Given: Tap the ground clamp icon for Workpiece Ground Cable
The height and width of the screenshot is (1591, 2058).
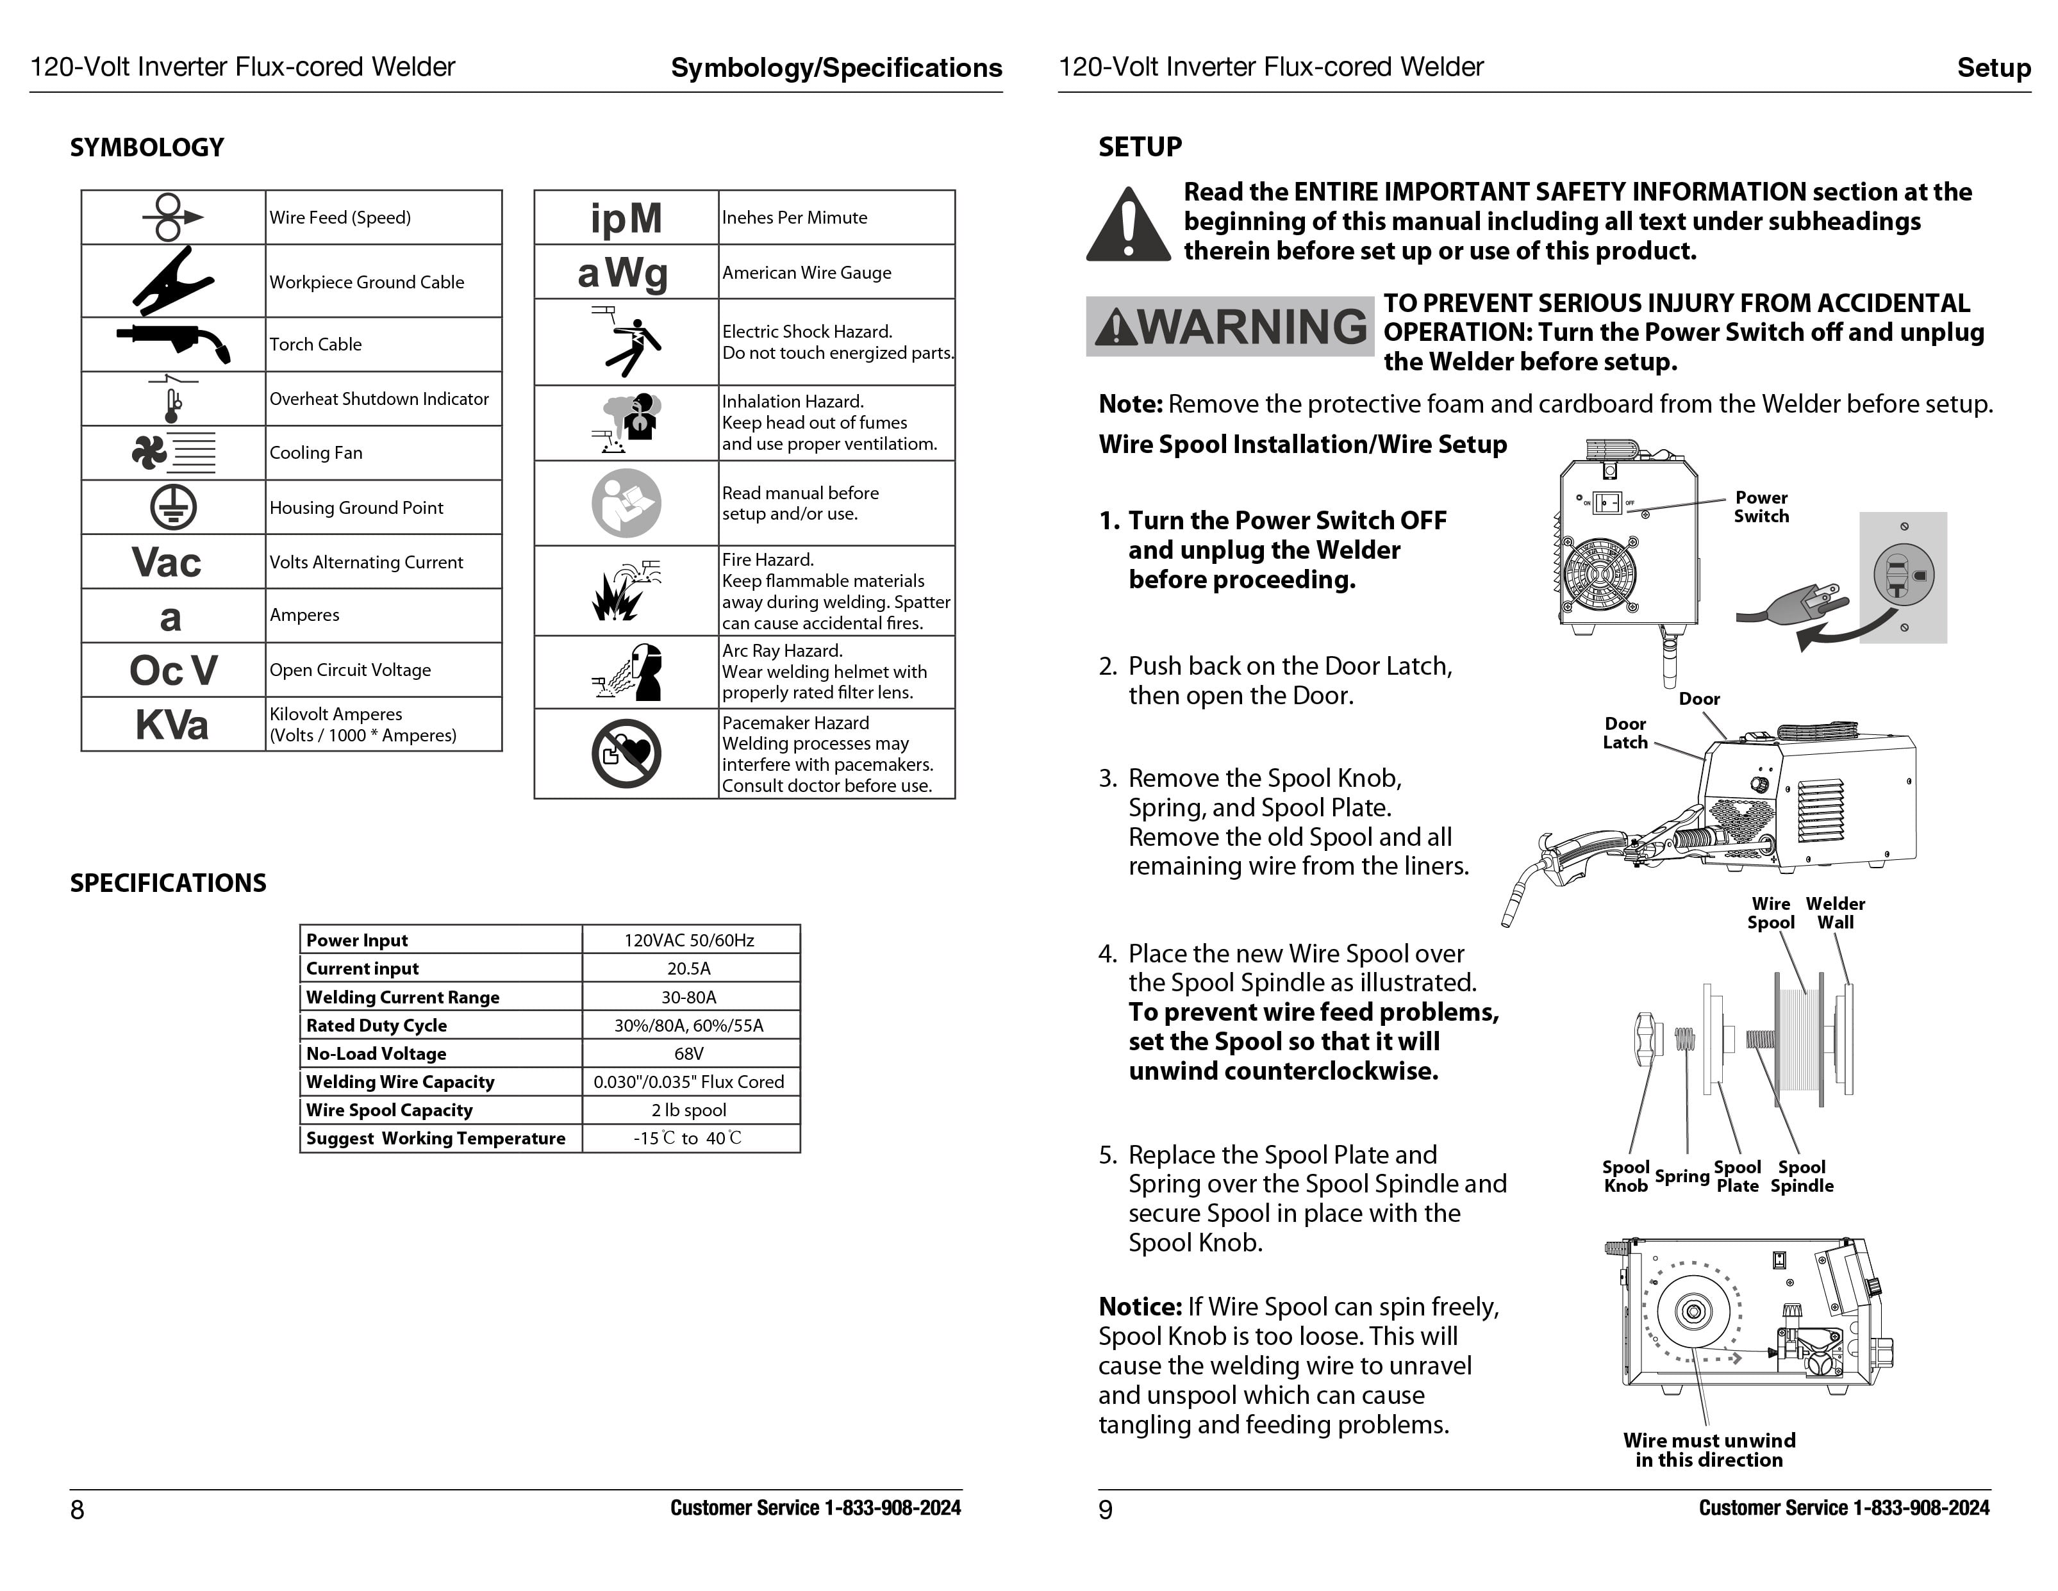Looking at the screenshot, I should click(172, 281).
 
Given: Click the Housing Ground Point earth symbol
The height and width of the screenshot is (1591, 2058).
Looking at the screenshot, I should click(174, 507).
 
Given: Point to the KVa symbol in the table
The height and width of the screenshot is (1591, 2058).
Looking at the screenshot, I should click(172, 725).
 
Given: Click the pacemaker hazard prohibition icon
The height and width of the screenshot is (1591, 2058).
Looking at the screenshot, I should click(626, 754).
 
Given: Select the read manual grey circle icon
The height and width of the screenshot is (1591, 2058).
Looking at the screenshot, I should click(626, 503).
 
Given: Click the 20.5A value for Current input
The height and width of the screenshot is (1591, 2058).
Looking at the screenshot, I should click(689, 968).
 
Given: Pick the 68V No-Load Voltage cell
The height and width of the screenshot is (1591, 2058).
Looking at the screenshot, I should click(689, 1053).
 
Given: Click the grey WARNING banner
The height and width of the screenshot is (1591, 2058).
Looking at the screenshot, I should click(1230, 327).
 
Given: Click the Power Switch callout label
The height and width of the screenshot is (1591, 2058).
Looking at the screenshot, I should click(1760, 507).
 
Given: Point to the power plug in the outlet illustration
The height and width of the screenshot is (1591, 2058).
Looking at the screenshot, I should click(1790, 607).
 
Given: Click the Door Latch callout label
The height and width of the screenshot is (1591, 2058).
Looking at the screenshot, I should click(1625, 733).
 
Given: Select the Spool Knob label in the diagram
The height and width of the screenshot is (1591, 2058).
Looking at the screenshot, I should click(1625, 1176).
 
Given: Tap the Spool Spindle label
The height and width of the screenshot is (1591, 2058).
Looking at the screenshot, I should click(1802, 1176).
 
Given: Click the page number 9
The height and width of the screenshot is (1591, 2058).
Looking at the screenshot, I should click(1106, 1510).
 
